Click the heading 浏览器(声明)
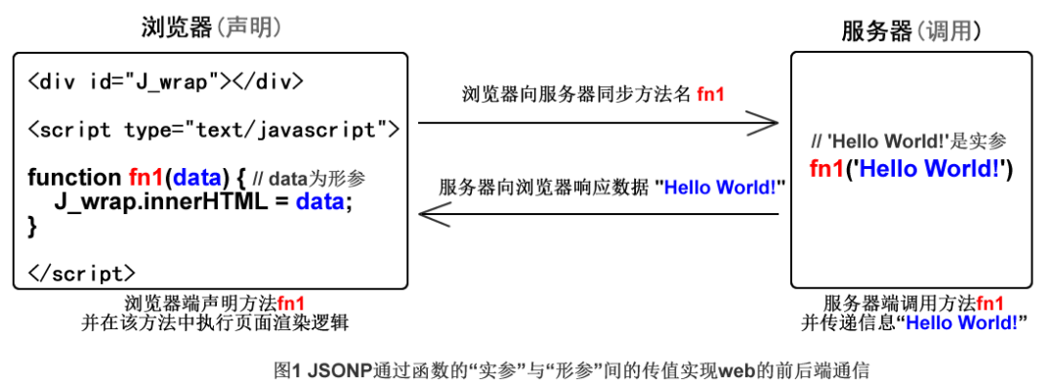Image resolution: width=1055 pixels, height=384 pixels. coord(211,27)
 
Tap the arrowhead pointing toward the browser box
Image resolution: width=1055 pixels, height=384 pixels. coord(434,215)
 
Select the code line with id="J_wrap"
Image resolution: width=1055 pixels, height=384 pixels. coord(165,82)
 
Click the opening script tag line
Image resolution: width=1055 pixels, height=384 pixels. coord(214,128)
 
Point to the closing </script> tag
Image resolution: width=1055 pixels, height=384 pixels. coord(82,273)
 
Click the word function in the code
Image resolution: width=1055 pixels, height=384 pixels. coord(74,178)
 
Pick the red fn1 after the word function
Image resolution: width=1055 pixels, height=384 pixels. coord(146,178)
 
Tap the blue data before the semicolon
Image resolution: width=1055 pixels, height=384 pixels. coord(320,201)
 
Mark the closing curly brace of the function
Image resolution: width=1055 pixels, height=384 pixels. coord(32,227)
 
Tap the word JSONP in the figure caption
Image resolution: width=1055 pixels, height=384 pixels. coord(334,369)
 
